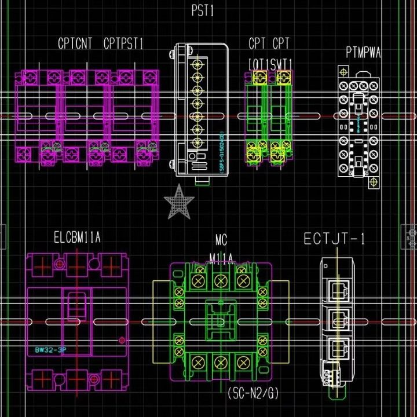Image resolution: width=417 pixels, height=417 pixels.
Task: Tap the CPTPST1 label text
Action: pyautogui.click(x=123, y=43)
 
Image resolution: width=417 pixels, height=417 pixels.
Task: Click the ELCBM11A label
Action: pyautogui.click(x=78, y=237)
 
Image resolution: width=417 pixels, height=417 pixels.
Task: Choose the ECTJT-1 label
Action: pyautogui.click(x=335, y=239)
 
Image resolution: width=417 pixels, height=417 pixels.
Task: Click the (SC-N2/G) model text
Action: pyautogui.click(x=254, y=394)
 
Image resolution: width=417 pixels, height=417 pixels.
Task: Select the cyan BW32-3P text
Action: pyautogui.click(x=50, y=350)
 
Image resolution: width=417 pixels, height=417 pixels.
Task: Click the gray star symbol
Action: pyautogui.click(x=178, y=202)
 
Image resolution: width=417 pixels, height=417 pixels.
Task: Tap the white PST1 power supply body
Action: pyautogui.click(x=199, y=110)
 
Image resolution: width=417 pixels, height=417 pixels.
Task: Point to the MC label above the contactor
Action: pyautogui.click(x=221, y=240)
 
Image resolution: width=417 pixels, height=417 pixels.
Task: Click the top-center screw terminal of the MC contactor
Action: pyautogui.click(x=220, y=281)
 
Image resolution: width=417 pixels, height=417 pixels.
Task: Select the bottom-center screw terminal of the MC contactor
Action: pyautogui.click(x=220, y=362)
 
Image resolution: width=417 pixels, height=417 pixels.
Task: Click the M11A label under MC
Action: pyautogui.click(x=221, y=257)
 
